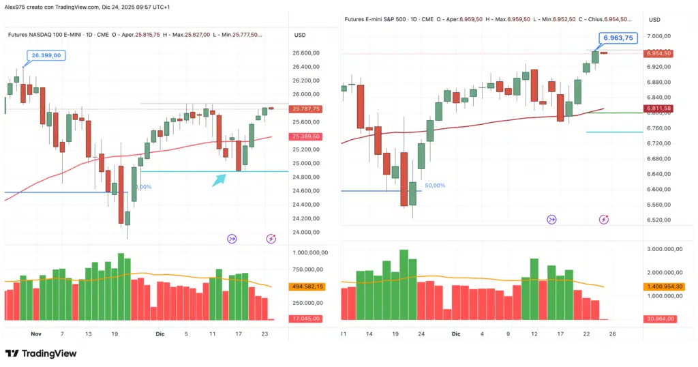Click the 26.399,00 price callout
click(46, 55)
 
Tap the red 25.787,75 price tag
click(305, 109)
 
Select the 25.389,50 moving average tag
click(305, 136)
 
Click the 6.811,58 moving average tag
click(658, 108)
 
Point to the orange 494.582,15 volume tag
click(306, 287)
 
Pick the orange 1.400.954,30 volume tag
click(659, 287)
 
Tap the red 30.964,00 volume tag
click(659, 319)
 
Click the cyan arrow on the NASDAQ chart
click(219, 179)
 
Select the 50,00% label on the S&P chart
click(435, 186)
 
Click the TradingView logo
click(40, 353)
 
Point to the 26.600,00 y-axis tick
click(306, 53)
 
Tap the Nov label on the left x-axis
click(36, 334)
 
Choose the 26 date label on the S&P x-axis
click(612, 334)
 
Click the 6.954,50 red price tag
click(659, 53)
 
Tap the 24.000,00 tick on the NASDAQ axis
click(306, 233)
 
